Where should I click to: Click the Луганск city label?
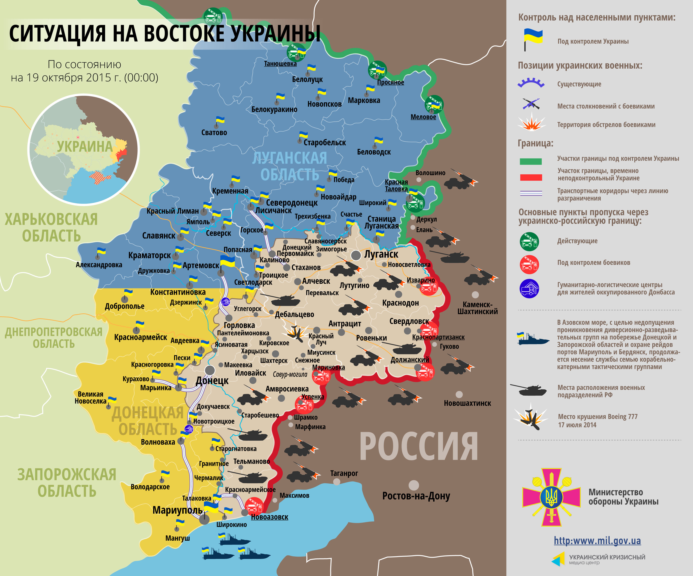pyautogui.click(x=381, y=254)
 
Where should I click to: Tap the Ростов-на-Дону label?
pyautogui.click(x=416, y=496)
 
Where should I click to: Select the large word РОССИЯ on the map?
pyautogui.click(x=418, y=447)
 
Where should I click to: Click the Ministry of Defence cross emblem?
pyautogui.click(x=551, y=497)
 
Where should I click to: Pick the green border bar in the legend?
pyautogui.click(x=531, y=161)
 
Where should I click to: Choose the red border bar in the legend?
pyautogui.click(x=531, y=177)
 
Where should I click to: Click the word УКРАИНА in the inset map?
pyautogui.click(x=85, y=146)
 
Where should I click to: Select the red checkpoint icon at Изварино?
pyautogui.click(x=428, y=288)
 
